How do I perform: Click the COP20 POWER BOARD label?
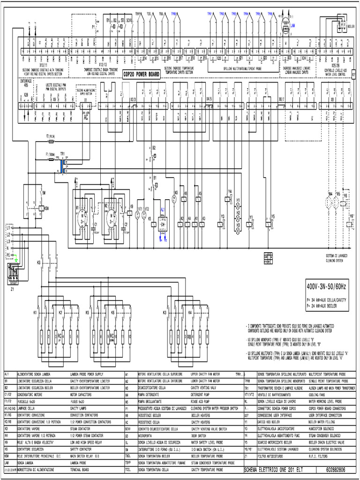pos(141,74)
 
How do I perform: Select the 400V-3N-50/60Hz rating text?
pos(326,285)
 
